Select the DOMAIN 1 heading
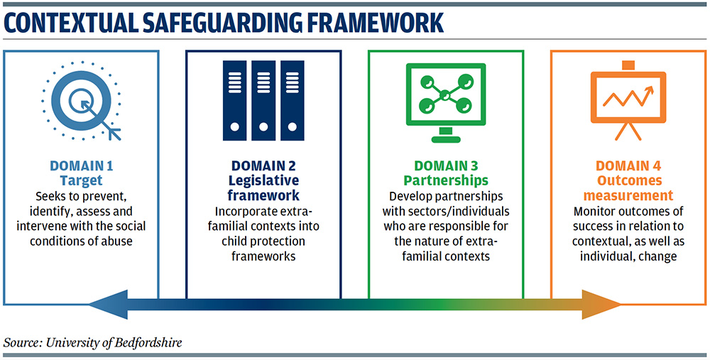(x=82, y=166)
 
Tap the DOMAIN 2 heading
(x=263, y=166)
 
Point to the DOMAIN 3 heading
(x=446, y=166)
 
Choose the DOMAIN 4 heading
(x=628, y=166)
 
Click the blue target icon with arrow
(x=82, y=101)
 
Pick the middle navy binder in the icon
(x=263, y=101)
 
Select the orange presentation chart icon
(x=628, y=101)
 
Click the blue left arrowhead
(x=108, y=305)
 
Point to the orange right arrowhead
(x=602, y=305)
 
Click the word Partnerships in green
(x=446, y=180)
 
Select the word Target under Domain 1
(x=82, y=180)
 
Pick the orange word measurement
(x=628, y=196)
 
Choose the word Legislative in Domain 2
(x=263, y=180)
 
